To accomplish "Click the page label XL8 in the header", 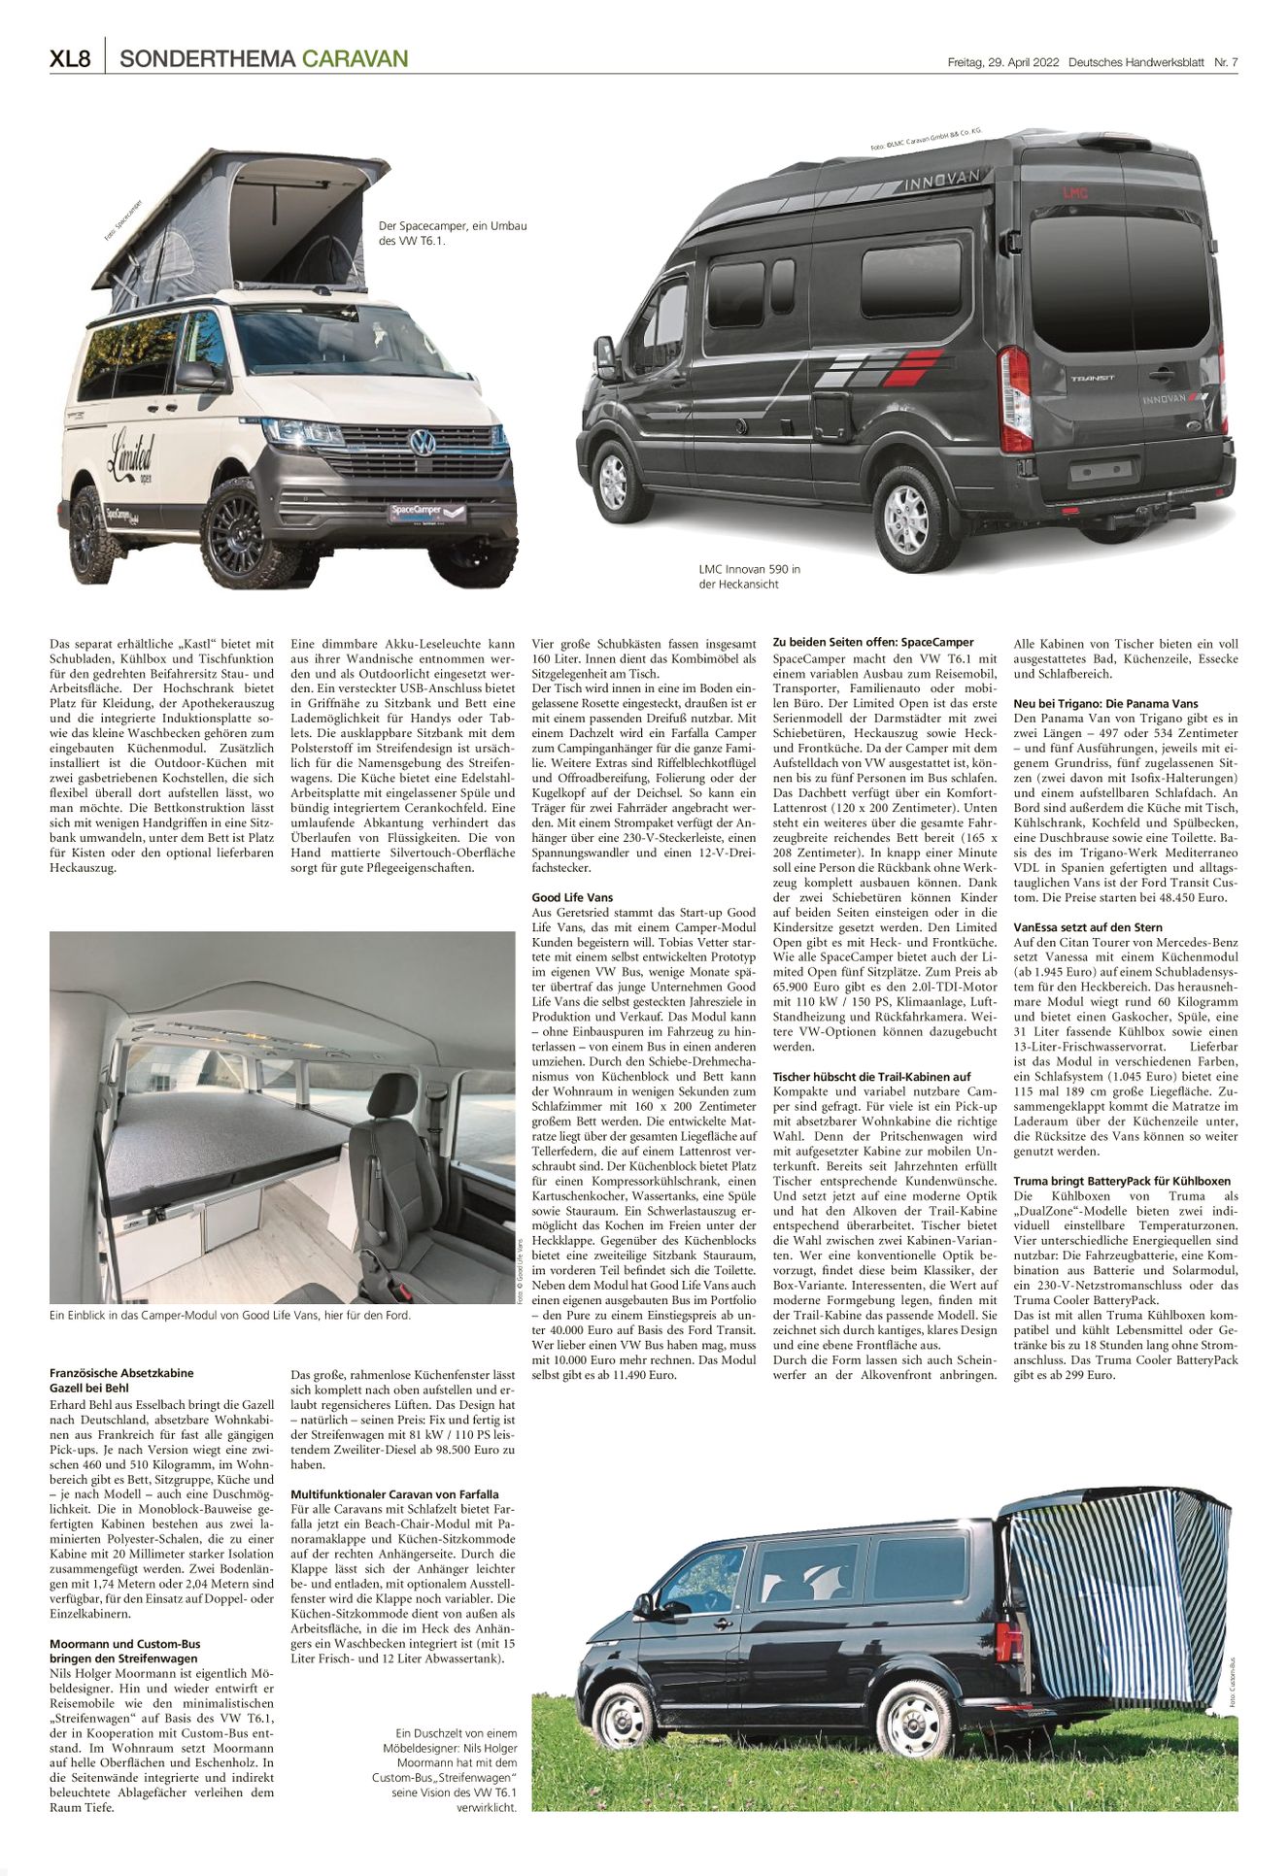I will point(70,60).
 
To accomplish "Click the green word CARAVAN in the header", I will point(355,60).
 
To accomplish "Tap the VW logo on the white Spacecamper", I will point(421,444).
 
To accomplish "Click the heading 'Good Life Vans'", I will point(572,897).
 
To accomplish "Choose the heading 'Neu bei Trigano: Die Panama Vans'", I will point(1105,703).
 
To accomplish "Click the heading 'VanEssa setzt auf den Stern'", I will point(1088,927).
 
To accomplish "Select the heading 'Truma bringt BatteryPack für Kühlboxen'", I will point(1121,1181).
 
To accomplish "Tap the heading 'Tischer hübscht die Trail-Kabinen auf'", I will point(871,1076).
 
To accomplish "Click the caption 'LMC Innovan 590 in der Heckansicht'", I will point(749,576).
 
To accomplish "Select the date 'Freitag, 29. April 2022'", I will point(1002,62).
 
